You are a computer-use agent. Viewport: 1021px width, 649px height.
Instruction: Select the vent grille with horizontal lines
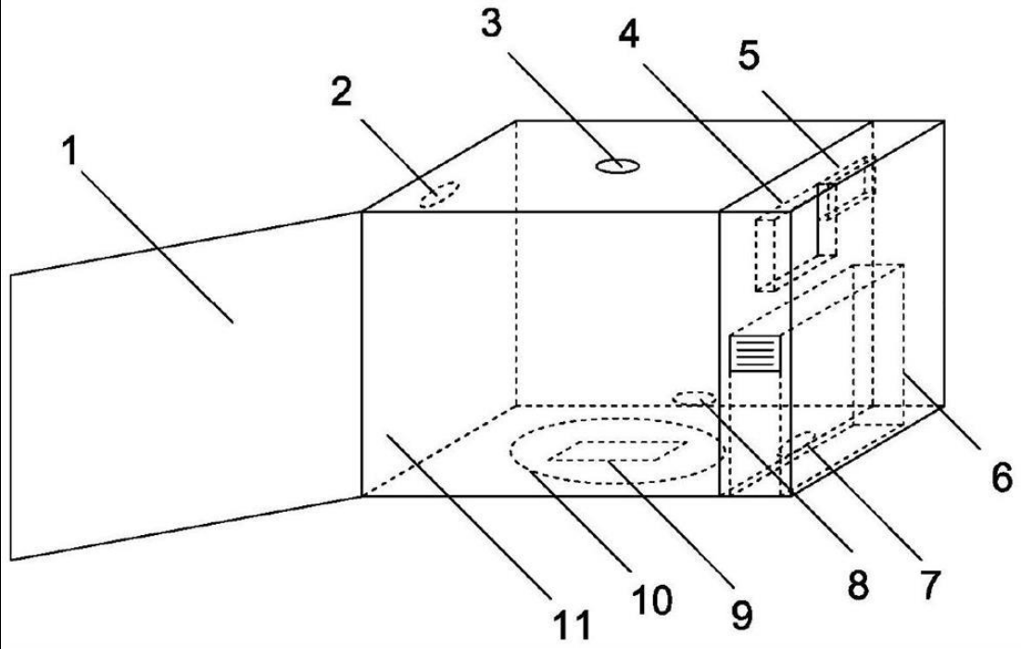(756, 353)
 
